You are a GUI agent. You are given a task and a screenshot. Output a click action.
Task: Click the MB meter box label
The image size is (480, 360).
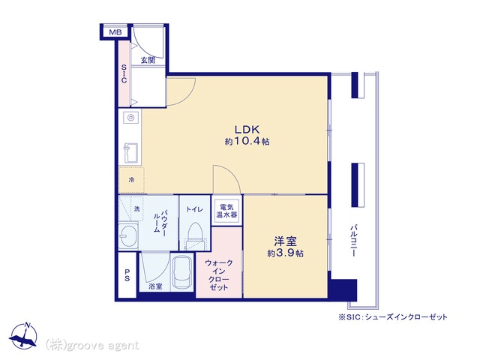coord(115,31)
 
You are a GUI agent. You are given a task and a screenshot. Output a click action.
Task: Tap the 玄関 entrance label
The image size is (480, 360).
coord(148,60)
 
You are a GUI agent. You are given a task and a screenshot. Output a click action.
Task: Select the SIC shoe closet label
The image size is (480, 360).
coord(124,73)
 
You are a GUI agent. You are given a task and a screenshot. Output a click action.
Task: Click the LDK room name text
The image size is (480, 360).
coord(247,130)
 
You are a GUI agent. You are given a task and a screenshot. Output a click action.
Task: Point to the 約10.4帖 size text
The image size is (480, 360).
coord(247,142)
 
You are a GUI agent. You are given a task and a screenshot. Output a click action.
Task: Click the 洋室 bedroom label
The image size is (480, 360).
coord(285,241)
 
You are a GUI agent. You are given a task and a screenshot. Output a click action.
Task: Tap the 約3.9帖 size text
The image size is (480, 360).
coord(285,253)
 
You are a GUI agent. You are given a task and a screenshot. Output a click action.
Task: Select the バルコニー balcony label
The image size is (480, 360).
coord(353,241)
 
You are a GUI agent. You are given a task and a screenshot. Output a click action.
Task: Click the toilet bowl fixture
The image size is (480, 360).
coord(195,233)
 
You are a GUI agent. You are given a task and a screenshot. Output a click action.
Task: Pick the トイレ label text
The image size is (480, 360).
coord(195,209)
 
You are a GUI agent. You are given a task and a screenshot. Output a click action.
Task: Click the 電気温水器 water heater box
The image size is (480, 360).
coord(226,211)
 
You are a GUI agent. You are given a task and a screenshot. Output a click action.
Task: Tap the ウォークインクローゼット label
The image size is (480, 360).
coord(218,275)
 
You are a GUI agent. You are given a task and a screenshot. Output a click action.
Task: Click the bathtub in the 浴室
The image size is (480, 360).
coord(182,271)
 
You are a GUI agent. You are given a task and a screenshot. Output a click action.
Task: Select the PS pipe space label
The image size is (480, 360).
coord(127,275)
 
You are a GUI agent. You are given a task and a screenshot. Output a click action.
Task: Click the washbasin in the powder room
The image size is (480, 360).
coord(128,235)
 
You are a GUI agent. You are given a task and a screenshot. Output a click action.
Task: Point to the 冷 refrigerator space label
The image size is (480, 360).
coord(132,180)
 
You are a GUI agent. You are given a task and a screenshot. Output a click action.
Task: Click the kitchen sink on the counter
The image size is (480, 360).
coord(130,153)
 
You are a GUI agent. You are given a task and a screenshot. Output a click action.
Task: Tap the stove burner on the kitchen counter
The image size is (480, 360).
coord(131,117)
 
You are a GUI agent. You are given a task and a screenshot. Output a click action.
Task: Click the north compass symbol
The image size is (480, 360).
coord(23,336)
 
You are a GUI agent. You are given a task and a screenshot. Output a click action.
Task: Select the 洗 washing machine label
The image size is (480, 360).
coord(136,208)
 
